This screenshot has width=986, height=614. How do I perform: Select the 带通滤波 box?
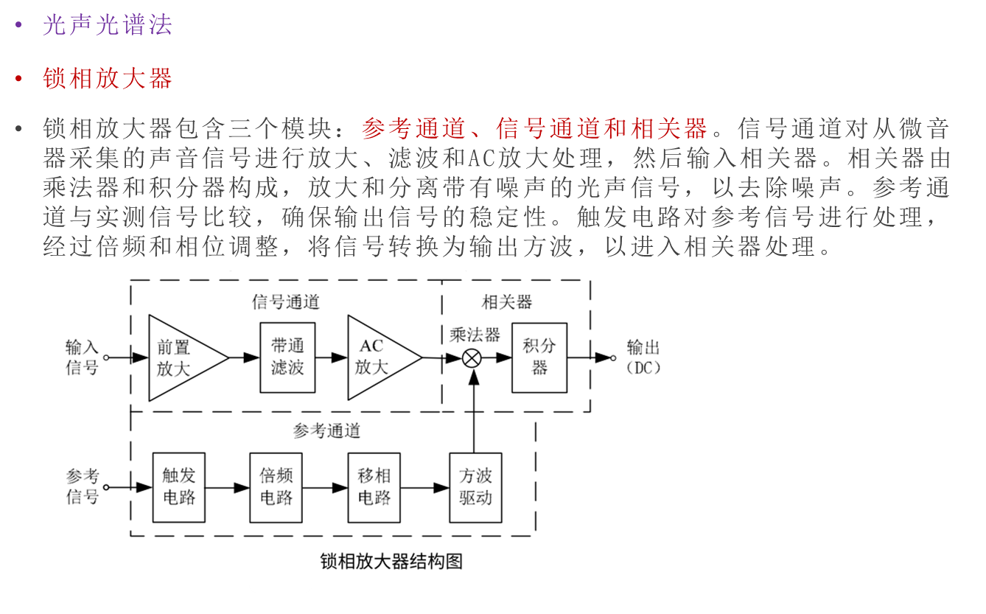click(x=287, y=357)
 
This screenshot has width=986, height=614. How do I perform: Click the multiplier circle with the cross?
click(x=472, y=358)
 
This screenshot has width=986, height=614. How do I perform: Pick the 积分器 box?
click(x=539, y=357)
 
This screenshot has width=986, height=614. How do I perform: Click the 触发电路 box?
click(x=178, y=487)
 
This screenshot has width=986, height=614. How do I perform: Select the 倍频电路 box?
click(x=276, y=487)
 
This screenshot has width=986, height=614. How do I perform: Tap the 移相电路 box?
click(x=374, y=487)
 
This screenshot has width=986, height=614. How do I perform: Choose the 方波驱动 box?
click(x=475, y=487)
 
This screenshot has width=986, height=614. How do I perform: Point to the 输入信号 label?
click(x=82, y=357)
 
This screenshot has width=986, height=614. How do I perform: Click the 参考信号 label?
click(x=82, y=486)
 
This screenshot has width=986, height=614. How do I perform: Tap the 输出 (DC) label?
click(x=643, y=357)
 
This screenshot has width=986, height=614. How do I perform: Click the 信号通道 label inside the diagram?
click(x=286, y=302)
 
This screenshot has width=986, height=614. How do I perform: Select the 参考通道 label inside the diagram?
click(x=326, y=430)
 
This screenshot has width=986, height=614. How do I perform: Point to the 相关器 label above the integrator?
click(x=507, y=302)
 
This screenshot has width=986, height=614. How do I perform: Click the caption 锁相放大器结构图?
click(x=391, y=561)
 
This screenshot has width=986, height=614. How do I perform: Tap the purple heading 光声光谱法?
click(x=107, y=25)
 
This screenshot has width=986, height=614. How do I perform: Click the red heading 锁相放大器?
click(x=107, y=77)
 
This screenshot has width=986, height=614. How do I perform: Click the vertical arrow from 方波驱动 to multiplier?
click(x=473, y=413)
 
